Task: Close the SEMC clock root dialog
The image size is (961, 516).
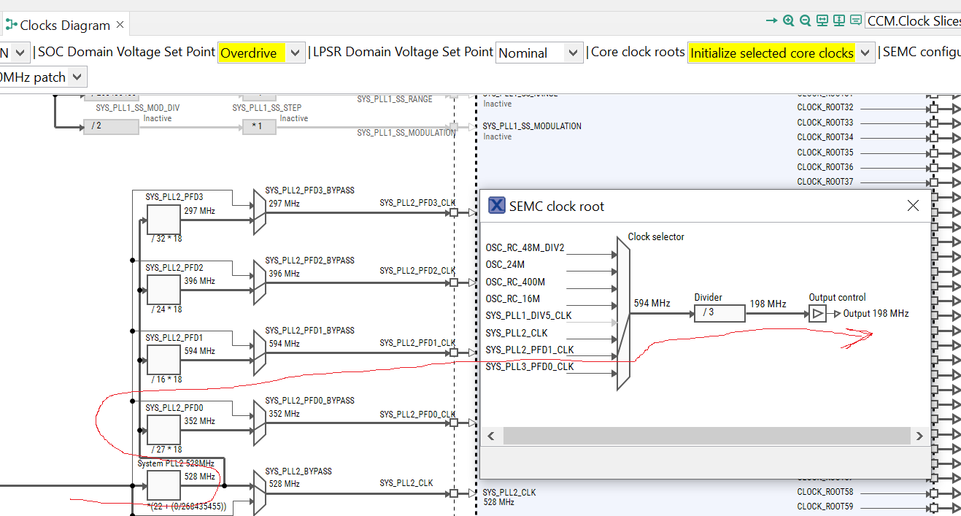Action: click(x=913, y=206)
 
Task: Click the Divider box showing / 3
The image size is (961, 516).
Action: click(x=719, y=313)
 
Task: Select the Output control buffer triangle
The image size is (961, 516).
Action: click(x=818, y=314)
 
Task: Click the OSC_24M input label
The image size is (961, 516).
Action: click(x=505, y=265)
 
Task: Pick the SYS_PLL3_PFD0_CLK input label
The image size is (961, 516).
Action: click(x=530, y=366)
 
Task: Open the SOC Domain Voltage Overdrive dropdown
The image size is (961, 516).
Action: click(x=260, y=53)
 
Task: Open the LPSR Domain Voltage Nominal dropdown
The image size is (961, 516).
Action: click(x=539, y=53)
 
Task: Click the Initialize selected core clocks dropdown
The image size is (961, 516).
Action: click(x=780, y=53)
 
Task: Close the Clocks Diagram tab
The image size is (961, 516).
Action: click(x=120, y=25)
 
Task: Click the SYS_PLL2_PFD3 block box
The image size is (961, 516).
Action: click(x=163, y=219)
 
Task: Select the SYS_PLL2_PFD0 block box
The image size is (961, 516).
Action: click(x=163, y=429)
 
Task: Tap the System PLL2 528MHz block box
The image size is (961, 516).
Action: click(x=163, y=485)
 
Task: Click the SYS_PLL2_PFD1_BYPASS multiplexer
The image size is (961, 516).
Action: click(x=259, y=353)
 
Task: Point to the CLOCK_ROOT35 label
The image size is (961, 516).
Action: click(x=825, y=153)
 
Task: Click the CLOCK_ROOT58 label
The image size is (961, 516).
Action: click(x=825, y=492)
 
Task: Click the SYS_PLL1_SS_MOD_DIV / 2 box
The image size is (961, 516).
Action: click(x=110, y=127)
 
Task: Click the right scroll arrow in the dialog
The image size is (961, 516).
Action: click(x=919, y=436)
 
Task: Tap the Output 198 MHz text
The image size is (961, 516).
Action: click(x=876, y=314)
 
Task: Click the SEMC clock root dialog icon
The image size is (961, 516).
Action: click(x=496, y=206)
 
